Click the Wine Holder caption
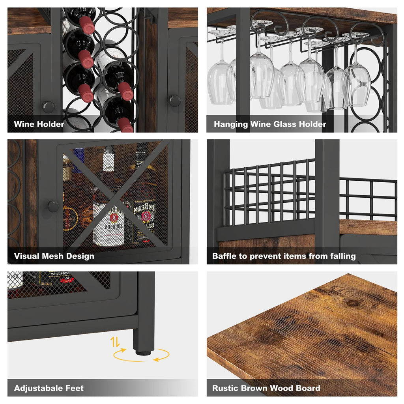[x=39, y=124]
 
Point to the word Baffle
[x=224, y=256]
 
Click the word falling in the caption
[x=342, y=256]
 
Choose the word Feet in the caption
[x=75, y=388]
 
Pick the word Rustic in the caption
[x=225, y=388]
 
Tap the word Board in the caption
[x=307, y=388]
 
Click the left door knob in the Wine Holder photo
[x=48, y=106]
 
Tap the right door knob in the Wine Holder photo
[x=174, y=101]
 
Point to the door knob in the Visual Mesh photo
[x=53, y=206]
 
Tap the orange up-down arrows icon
[x=115, y=342]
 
